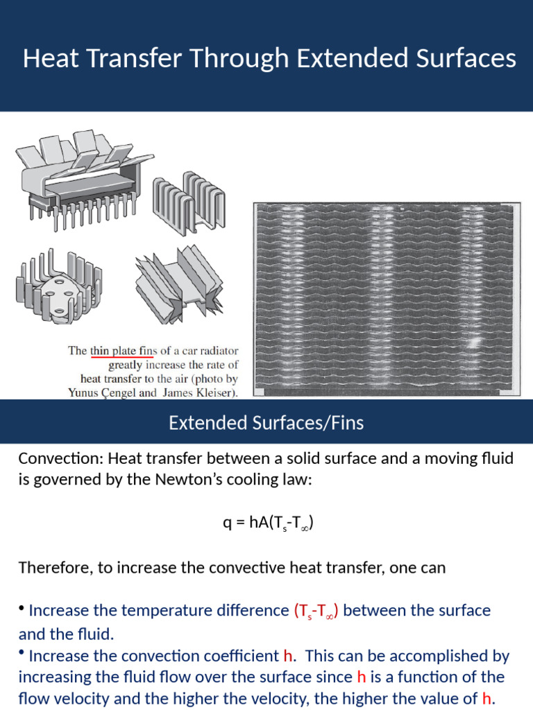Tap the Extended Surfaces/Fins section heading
click(266, 422)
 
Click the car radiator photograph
click(386, 299)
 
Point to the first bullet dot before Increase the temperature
click(22, 609)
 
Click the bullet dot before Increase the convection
click(22, 654)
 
